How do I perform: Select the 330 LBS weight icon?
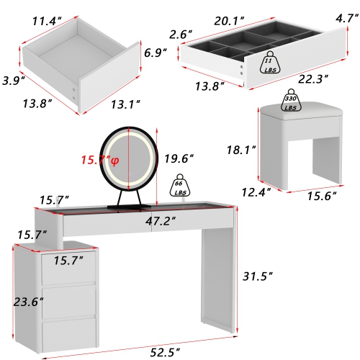[x=291, y=101]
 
